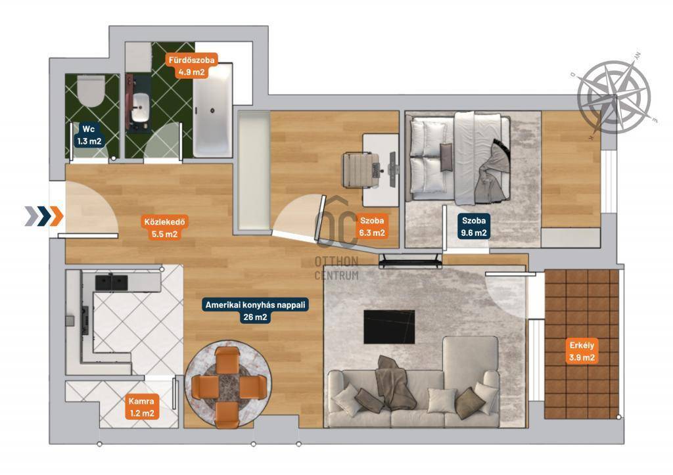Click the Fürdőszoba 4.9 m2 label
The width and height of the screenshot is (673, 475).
click(191, 66)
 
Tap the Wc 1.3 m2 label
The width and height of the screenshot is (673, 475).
click(89, 135)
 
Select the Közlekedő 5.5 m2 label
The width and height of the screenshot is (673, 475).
click(164, 228)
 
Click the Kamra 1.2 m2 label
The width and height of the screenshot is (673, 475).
click(142, 407)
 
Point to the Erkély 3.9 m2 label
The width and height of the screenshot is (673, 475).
click(582, 351)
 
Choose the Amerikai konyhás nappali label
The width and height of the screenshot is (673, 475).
click(256, 305)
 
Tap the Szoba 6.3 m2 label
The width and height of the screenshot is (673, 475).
click(372, 227)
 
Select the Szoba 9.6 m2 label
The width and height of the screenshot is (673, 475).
click(474, 227)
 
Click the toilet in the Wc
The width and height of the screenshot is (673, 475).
click(91, 91)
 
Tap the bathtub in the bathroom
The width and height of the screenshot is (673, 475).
click(212, 110)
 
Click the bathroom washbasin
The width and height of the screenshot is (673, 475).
click(139, 108)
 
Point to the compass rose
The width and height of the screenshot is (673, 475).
click(614, 97)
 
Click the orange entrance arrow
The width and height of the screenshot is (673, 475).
click(57, 216)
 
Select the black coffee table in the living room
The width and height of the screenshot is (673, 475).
click(389, 327)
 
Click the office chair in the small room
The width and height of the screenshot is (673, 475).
click(360, 170)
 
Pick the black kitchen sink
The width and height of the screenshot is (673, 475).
click(111, 282)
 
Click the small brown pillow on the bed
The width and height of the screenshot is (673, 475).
click(446, 157)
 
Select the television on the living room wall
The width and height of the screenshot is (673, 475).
click(410, 260)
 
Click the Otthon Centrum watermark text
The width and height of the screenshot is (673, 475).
click(336, 268)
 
